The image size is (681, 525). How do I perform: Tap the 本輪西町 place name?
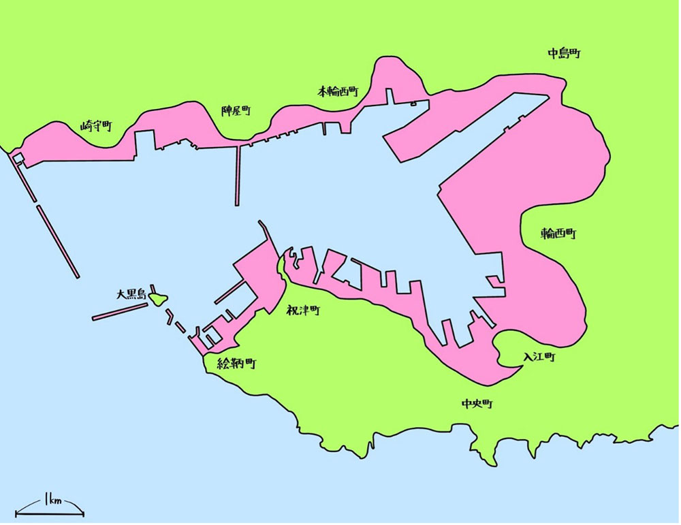(x=338, y=91)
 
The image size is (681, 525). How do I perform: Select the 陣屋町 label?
(x=236, y=110)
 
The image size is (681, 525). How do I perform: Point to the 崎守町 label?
(x=95, y=125)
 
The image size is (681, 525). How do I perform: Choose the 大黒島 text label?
(x=131, y=295)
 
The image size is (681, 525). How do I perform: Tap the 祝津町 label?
(x=304, y=311)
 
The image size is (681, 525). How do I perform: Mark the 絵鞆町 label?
(x=236, y=364)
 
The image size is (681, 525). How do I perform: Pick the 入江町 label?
(x=539, y=356)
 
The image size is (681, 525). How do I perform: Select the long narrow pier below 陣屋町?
(x=238, y=174)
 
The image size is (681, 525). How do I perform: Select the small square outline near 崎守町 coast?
(x=18, y=159)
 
